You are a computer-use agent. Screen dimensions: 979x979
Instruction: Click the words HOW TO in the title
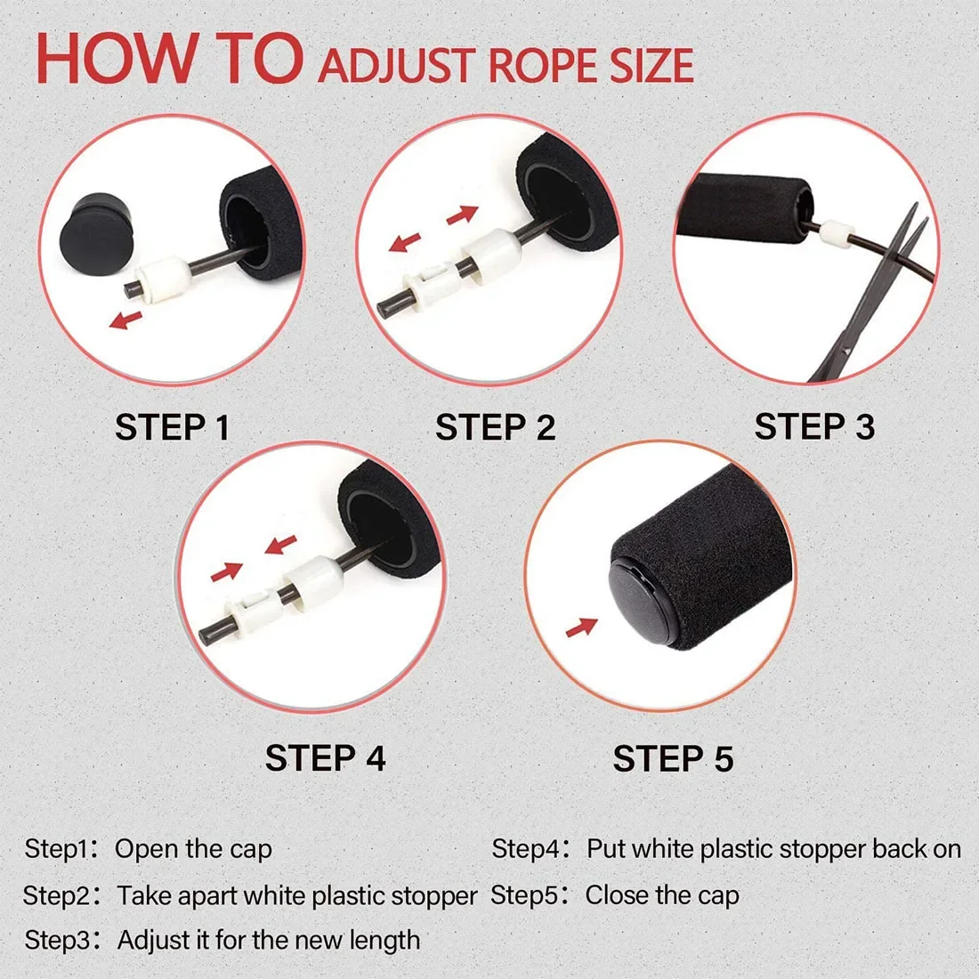[x=169, y=58]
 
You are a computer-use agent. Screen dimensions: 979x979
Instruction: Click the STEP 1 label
[x=173, y=428]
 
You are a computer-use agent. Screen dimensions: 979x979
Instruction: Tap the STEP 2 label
[x=495, y=428]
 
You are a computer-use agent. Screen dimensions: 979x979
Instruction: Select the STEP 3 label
[x=814, y=427]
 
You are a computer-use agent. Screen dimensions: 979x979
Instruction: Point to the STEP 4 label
[x=325, y=758]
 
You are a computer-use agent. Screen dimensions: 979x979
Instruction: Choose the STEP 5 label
[x=673, y=759]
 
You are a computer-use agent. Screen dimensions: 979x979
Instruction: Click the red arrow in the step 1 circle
[x=125, y=320]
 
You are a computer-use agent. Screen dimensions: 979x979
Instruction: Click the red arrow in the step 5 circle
[x=581, y=627]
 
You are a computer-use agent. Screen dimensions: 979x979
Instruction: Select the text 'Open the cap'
[x=193, y=849]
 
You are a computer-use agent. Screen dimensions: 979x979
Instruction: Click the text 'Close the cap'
[x=662, y=894]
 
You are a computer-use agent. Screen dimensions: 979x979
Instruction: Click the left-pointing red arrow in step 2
[x=406, y=242]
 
